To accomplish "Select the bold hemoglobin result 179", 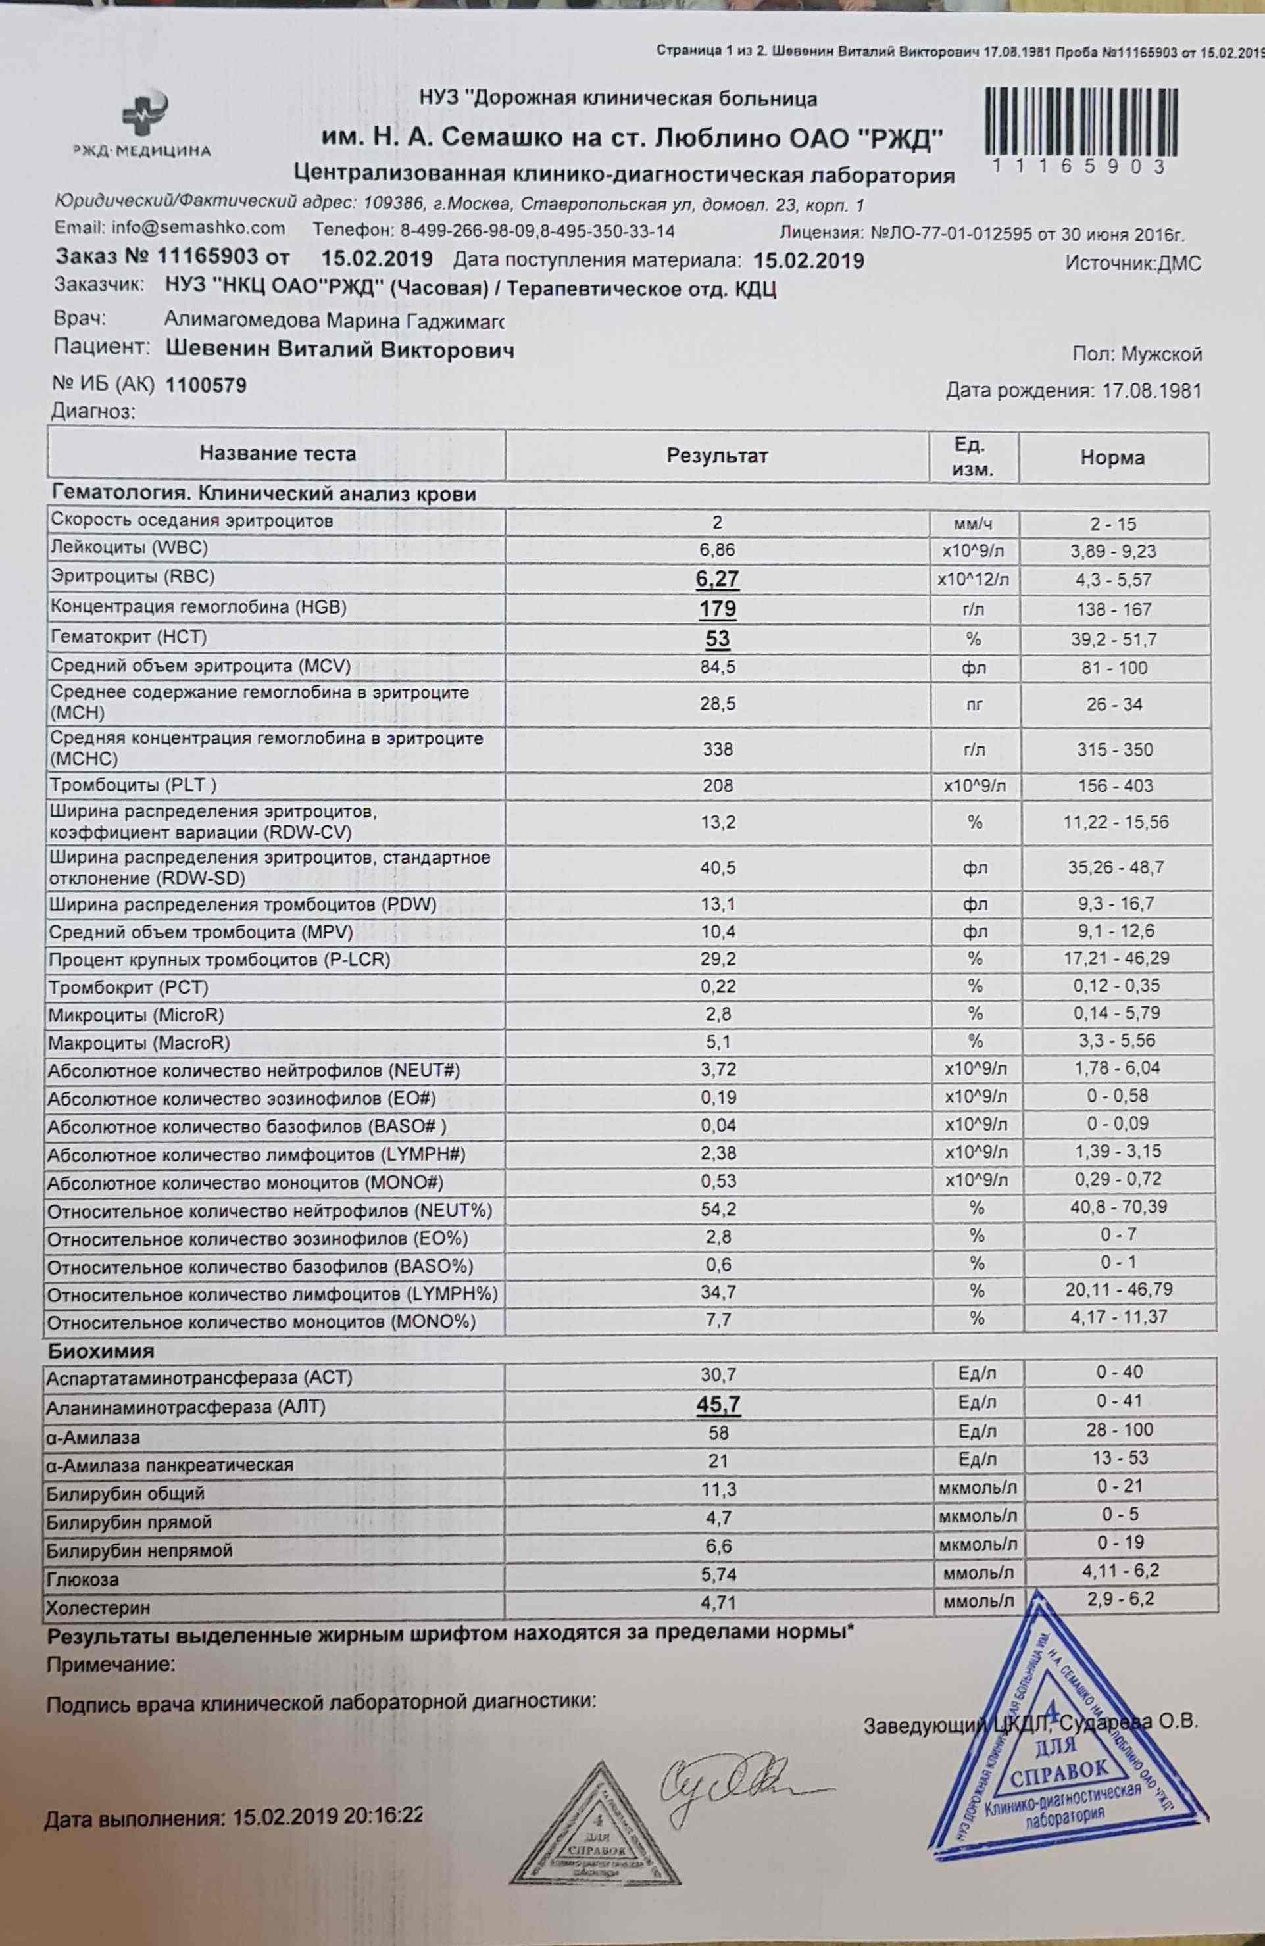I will pos(717,609).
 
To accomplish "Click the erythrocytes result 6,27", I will pos(717,579).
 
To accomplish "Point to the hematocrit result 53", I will pos(717,639).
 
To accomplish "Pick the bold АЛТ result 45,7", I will pos(718,1405).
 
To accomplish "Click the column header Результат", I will pos(717,456).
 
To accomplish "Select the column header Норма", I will pos(1112,458).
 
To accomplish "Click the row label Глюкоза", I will pos(83,1578).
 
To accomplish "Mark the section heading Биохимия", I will pos(101,1350).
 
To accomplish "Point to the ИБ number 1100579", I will pos(206,385).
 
